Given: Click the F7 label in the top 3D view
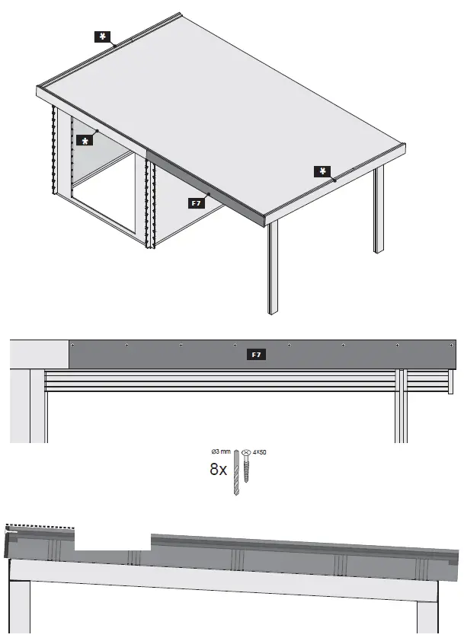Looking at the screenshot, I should pyautogui.click(x=196, y=203).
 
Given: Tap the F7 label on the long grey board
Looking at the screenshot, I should pyautogui.click(x=258, y=355).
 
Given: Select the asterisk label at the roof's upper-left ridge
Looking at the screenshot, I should pyautogui.click(x=101, y=36).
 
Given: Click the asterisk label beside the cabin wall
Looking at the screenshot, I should pyautogui.click(x=85, y=141).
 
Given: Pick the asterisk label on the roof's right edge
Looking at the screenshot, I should pyautogui.click(x=323, y=171).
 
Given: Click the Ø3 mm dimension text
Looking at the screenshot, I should pyautogui.click(x=220, y=452).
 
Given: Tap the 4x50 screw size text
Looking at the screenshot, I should pyautogui.click(x=259, y=452).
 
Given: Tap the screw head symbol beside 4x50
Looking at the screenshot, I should pyautogui.click(x=247, y=452).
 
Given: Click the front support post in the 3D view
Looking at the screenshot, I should pyautogui.click(x=273, y=266).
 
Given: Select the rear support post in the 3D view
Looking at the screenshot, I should pyautogui.click(x=378, y=209).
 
